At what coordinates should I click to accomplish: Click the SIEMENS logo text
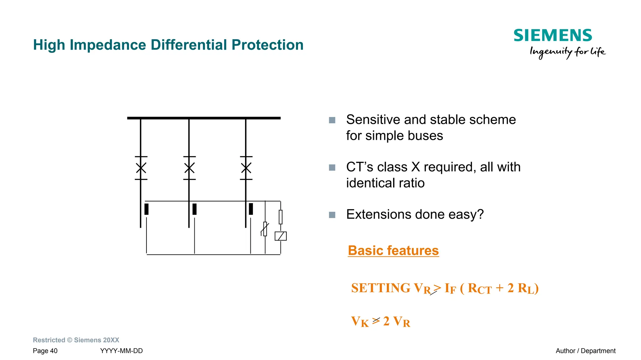click(x=553, y=36)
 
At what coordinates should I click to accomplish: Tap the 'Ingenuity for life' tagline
click(x=567, y=52)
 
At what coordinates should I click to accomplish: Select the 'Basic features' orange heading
click(x=393, y=251)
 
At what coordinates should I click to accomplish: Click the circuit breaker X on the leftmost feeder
click(x=141, y=168)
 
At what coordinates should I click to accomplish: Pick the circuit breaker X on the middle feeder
click(x=189, y=168)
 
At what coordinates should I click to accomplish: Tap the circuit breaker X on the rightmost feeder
click(x=246, y=168)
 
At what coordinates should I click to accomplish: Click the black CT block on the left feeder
click(x=146, y=209)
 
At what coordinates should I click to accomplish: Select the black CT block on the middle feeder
click(x=194, y=209)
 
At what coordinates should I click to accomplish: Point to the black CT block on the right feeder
click(x=251, y=209)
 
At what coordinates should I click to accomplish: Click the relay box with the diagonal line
click(x=280, y=236)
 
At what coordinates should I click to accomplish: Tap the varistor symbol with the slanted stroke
click(x=265, y=229)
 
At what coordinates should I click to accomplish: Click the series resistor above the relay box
click(x=280, y=217)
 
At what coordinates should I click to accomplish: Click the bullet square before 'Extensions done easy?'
click(x=332, y=215)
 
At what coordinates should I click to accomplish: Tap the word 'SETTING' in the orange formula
click(x=380, y=288)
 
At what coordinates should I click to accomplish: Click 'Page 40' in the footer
click(x=45, y=351)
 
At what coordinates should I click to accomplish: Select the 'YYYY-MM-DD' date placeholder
click(x=121, y=351)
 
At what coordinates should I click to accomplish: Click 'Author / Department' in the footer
click(x=585, y=351)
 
